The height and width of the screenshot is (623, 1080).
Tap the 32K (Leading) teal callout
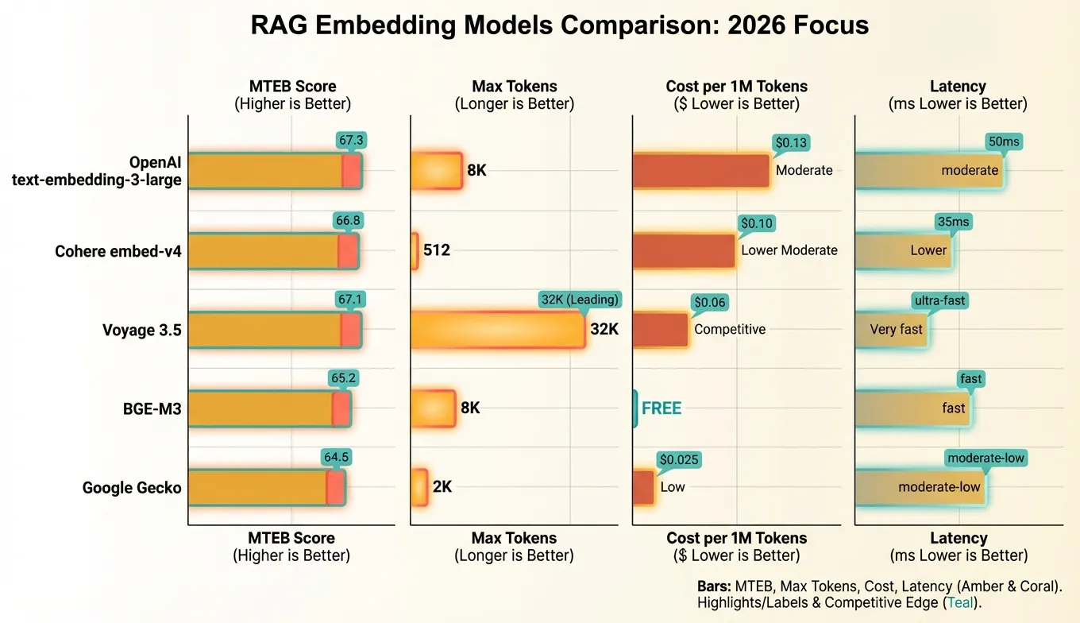580,300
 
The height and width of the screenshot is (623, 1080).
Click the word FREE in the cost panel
661,408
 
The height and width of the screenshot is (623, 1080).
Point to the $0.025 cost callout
680,460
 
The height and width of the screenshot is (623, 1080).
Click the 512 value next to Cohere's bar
437,250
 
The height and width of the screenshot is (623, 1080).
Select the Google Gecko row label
132,488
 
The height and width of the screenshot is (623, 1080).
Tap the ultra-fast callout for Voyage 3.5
940,301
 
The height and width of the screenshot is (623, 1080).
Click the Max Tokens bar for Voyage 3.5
498,330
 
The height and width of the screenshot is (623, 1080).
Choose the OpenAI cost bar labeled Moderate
700,171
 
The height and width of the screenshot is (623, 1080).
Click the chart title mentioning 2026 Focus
559,25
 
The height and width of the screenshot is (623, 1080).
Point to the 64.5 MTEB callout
336,458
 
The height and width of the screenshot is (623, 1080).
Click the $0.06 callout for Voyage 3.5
710,303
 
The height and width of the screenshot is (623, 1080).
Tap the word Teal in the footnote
960,603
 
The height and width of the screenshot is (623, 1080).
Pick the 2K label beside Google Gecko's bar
442,487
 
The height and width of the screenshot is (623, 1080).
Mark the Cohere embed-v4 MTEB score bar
272,251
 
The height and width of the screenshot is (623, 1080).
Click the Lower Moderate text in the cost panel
789,250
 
